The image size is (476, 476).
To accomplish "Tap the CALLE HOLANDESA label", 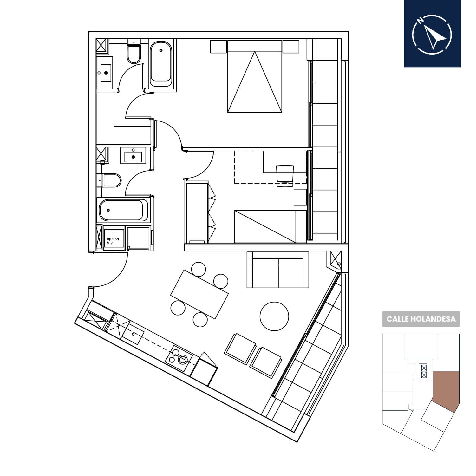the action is (421, 319).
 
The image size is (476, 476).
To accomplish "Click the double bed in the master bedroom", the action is (255, 76).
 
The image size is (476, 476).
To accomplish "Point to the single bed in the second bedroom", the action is (271, 226).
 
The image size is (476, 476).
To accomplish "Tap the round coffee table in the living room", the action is (274, 316).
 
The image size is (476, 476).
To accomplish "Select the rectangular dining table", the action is (199, 294).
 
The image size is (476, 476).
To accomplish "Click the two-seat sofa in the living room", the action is (278, 270).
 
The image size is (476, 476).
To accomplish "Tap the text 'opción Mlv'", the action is (113, 241).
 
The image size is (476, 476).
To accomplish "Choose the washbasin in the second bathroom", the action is (133, 155).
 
